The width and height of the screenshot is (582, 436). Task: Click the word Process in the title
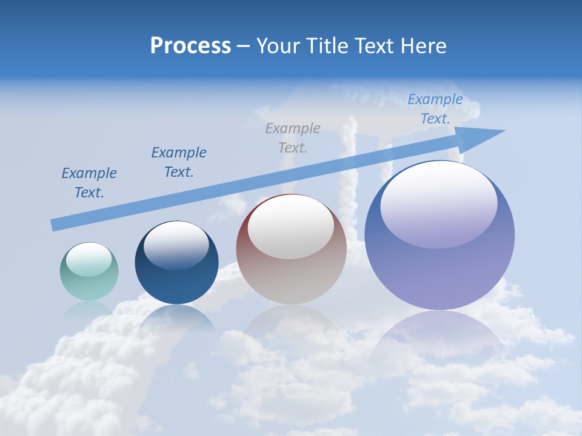click(x=190, y=46)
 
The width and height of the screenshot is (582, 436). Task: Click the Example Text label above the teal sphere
click(x=89, y=183)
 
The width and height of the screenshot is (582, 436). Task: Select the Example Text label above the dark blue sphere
click(x=179, y=162)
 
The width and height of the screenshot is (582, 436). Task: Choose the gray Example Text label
click(x=293, y=137)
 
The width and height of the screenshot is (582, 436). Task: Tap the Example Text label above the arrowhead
click(x=435, y=109)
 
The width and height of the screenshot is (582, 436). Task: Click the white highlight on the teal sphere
click(x=89, y=259)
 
